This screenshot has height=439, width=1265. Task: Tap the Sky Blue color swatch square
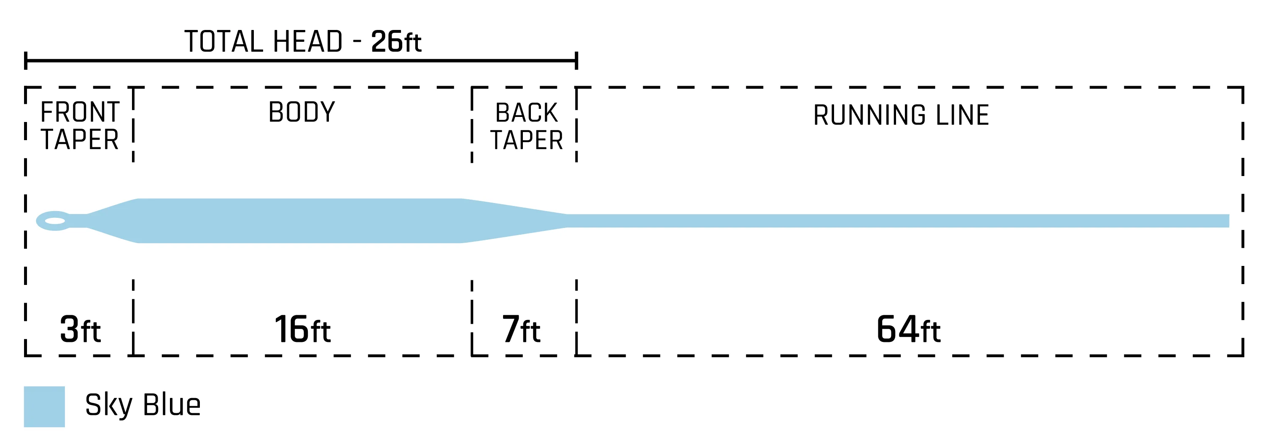pos(44,406)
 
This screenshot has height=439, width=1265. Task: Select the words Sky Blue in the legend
pos(143,405)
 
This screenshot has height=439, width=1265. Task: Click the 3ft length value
pos(80,329)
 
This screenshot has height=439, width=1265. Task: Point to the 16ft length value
pos(302,329)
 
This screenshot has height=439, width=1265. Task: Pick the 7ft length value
pos(520,329)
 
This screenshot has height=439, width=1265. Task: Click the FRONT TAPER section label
pos(80,126)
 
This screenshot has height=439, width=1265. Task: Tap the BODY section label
pos(301,112)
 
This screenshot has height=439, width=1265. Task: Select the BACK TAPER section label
pos(526,126)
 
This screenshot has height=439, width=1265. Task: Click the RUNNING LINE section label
pos(901,116)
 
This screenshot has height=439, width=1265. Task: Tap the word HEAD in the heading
pos(307,42)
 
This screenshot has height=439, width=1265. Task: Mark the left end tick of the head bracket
pos(26,60)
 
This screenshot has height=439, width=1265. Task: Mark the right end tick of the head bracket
pos(576,60)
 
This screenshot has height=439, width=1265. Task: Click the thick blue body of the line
pos(299,221)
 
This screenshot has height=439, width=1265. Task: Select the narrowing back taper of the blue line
pos(516,221)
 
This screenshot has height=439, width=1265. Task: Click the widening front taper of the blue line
pos(113,221)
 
